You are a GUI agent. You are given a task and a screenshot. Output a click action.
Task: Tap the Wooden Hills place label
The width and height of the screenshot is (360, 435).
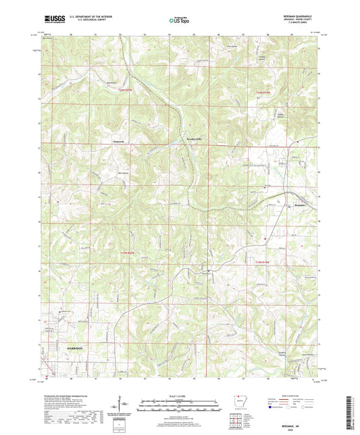(x=195, y=139)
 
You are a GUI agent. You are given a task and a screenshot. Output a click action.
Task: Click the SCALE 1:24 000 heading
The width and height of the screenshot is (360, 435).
(x=179, y=396)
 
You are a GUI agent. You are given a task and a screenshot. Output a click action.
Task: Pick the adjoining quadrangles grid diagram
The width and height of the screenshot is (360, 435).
(x=238, y=421)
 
